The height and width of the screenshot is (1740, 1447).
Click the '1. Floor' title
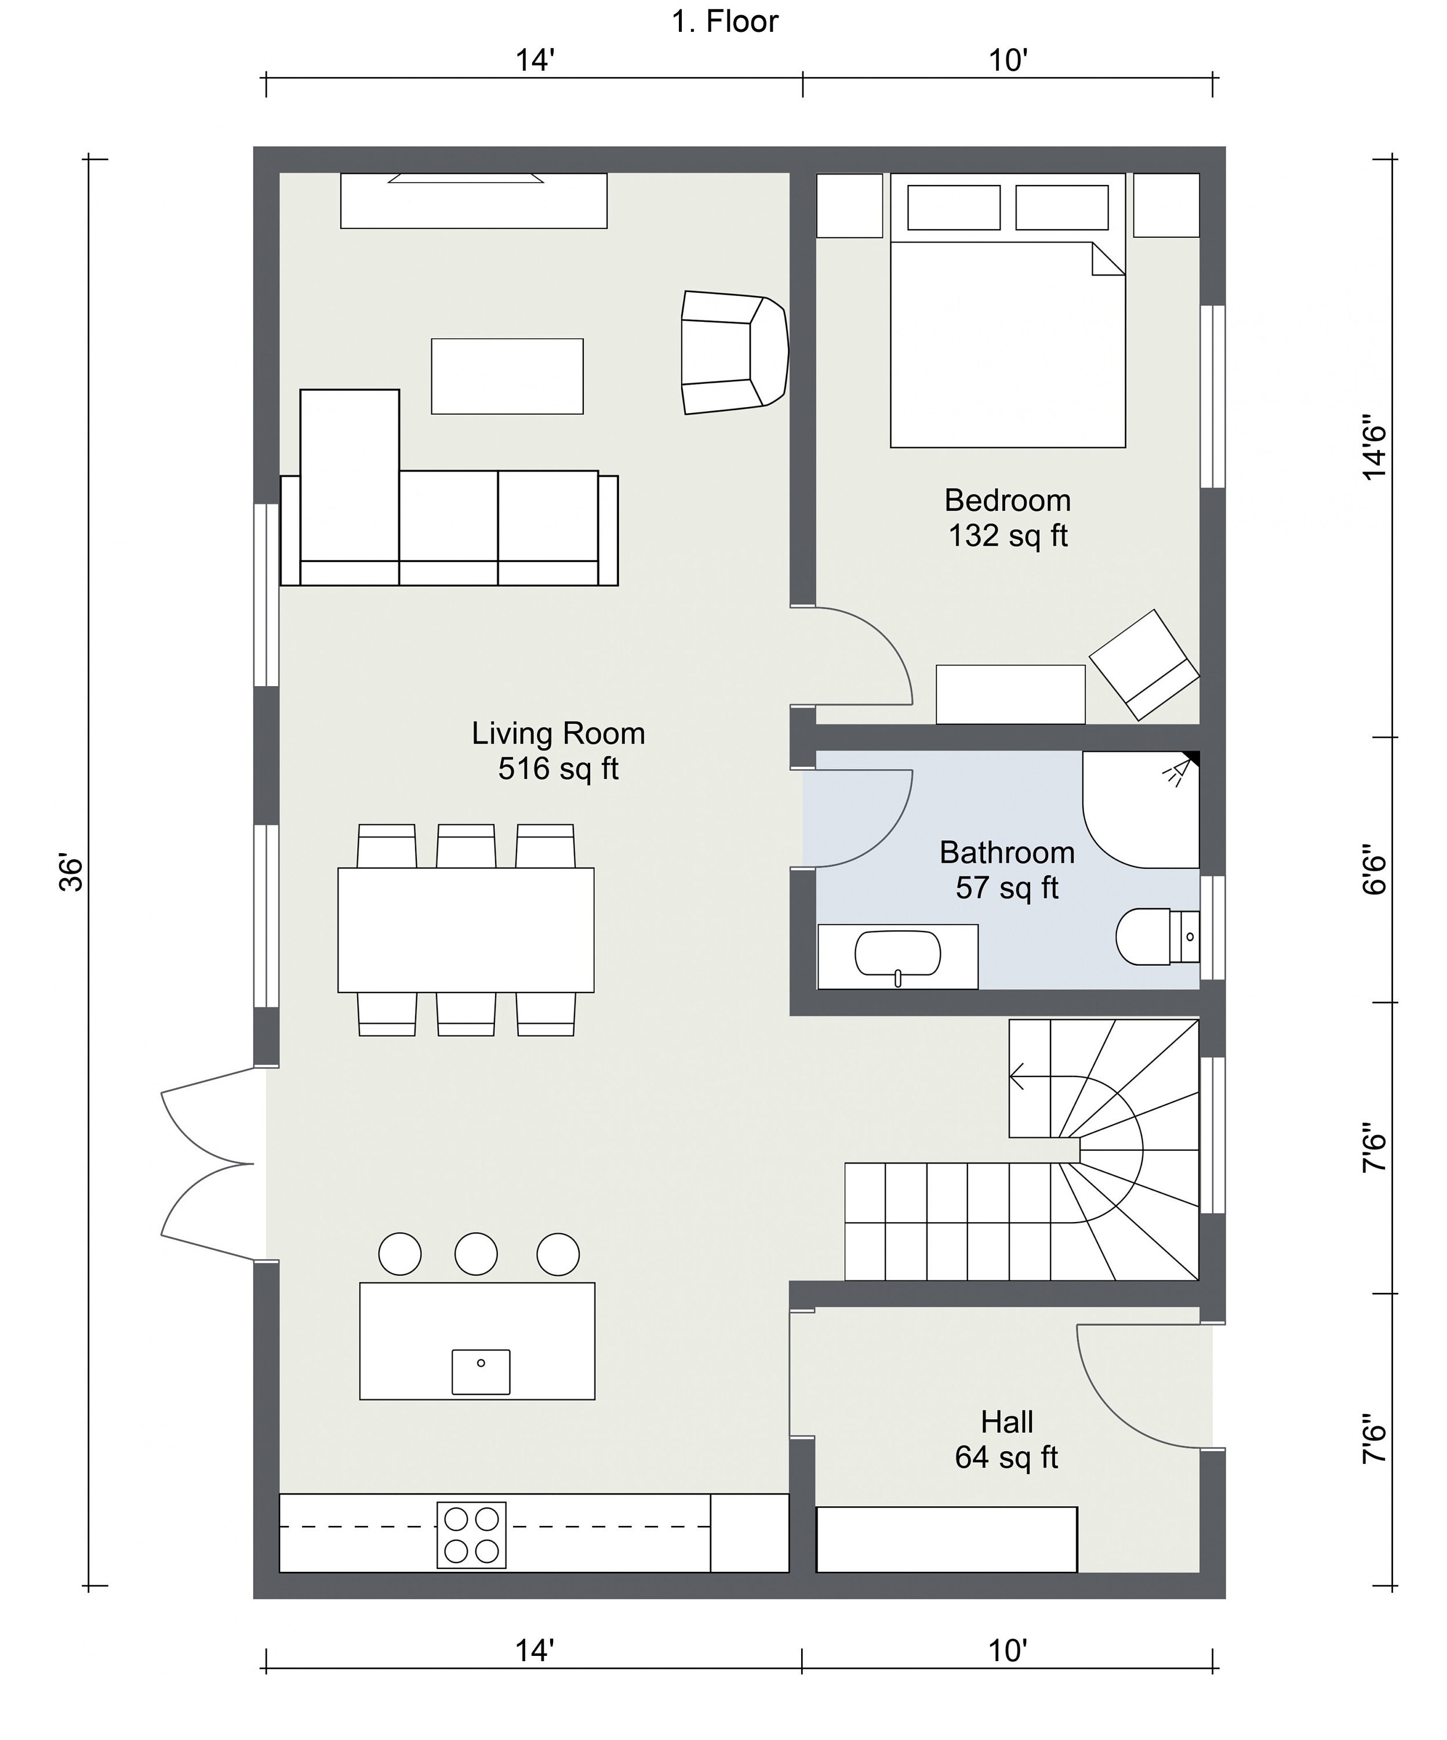724,21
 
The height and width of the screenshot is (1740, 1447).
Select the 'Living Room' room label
558,733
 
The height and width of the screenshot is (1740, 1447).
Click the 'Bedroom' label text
1007,501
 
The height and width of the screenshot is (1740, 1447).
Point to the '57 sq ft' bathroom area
1006,888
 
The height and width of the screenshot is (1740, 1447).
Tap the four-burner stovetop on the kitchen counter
471,1535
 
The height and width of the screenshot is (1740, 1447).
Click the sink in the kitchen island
481,1372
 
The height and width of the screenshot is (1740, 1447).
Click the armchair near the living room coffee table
732,352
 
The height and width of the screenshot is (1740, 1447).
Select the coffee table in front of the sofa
507,376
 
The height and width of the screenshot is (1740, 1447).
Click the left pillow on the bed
953,207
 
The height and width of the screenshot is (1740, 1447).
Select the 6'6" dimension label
1373,870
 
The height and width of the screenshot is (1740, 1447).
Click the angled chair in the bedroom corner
1143,665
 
